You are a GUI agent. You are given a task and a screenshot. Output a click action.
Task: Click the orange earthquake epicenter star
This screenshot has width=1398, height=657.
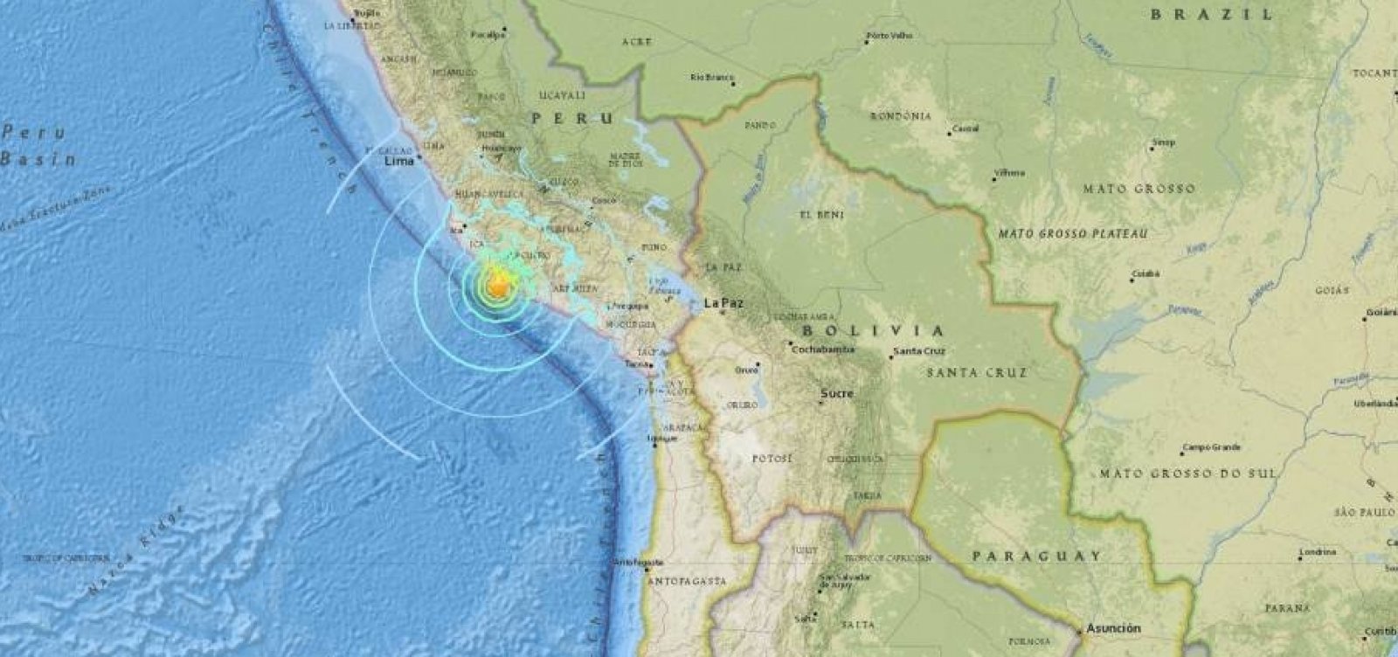pyautogui.click(x=499, y=286)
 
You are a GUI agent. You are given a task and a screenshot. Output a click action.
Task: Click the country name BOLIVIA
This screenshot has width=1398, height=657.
pyautogui.click(x=873, y=331)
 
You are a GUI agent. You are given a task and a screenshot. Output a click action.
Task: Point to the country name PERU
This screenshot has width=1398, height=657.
pyautogui.click(x=573, y=117)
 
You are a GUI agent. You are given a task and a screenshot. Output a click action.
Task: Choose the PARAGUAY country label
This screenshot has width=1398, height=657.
pyautogui.click(x=1036, y=556)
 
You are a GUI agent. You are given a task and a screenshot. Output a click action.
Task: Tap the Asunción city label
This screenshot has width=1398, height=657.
pyautogui.click(x=1113, y=628)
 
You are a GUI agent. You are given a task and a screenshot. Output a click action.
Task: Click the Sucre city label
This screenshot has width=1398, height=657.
pyautogui.click(x=836, y=394)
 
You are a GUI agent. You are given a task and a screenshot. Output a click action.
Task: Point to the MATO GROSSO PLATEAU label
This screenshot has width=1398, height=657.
pyautogui.click(x=1072, y=234)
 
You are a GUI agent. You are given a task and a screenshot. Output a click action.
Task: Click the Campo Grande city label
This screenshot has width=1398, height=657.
pyautogui.click(x=1211, y=448)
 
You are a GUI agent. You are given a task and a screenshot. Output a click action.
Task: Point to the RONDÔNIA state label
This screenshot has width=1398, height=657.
pyautogui.click(x=901, y=116)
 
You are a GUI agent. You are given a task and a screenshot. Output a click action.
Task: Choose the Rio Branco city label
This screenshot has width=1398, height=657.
pyautogui.click(x=709, y=77)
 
